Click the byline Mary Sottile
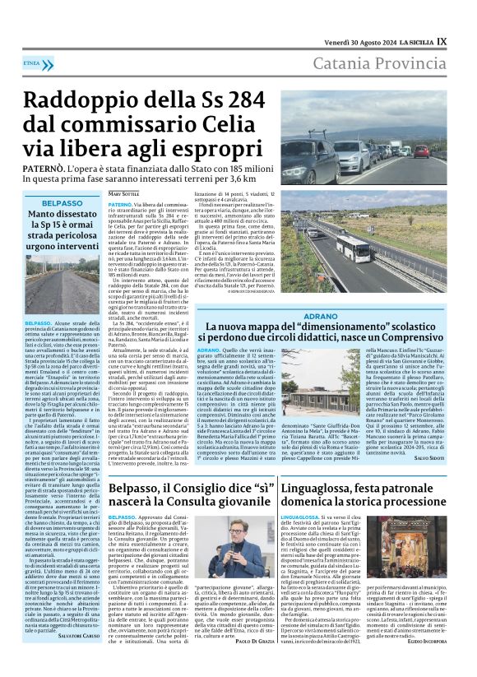(x=124, y=193)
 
